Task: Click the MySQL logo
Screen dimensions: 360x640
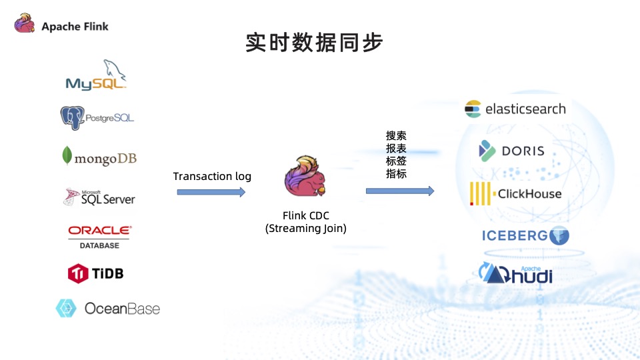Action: pos(96,75)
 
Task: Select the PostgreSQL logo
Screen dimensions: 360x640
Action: pos(97,118)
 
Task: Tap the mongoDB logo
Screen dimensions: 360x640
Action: pos(99,157)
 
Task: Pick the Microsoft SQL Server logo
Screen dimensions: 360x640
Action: pos(99,197)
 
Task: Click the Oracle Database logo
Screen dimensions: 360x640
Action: pos(99,236)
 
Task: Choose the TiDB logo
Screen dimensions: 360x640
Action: pos(96,273)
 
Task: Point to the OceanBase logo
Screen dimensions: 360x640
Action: pos(108,309)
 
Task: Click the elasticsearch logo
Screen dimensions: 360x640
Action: pos(515,109)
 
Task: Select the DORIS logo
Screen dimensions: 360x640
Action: pos(511,151)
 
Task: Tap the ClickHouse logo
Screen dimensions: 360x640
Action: pos(515,194)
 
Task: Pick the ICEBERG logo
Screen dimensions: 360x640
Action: pos(525,235)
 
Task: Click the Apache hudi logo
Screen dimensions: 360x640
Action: pos(515,273)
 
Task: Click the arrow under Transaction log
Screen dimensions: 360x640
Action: pos(211,192)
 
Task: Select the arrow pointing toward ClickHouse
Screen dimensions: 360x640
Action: pos(400,191)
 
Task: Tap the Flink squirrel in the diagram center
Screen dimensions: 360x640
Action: pos(305,177)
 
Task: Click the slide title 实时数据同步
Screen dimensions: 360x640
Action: pos(314,43)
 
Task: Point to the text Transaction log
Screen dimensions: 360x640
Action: pos(212,176)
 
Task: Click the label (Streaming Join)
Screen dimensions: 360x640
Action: pos(306,229)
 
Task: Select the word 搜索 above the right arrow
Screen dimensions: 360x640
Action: pos(396,135)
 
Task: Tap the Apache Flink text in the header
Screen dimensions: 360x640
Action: pos(75,27)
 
